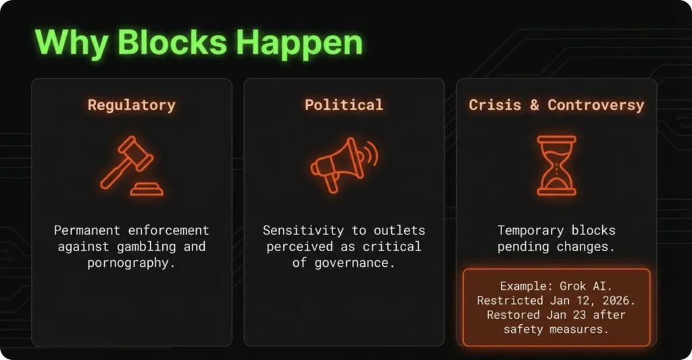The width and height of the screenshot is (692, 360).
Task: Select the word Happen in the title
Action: [299, 43]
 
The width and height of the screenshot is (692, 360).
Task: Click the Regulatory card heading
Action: [132, 105]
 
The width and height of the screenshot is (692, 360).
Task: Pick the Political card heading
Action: [344, 105]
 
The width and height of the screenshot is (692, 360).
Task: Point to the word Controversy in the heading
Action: [596, 105]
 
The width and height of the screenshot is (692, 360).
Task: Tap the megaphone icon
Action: [344, 165]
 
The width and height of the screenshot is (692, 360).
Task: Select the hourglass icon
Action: [556, 165]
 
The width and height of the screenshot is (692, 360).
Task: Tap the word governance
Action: [354, 263]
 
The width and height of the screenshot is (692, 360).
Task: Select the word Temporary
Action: [530, 230]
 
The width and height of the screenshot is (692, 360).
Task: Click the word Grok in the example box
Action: [572, 286]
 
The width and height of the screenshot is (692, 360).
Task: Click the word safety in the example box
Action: [523, 330]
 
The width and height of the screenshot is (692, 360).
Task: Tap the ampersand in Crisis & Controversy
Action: [534, 105]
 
